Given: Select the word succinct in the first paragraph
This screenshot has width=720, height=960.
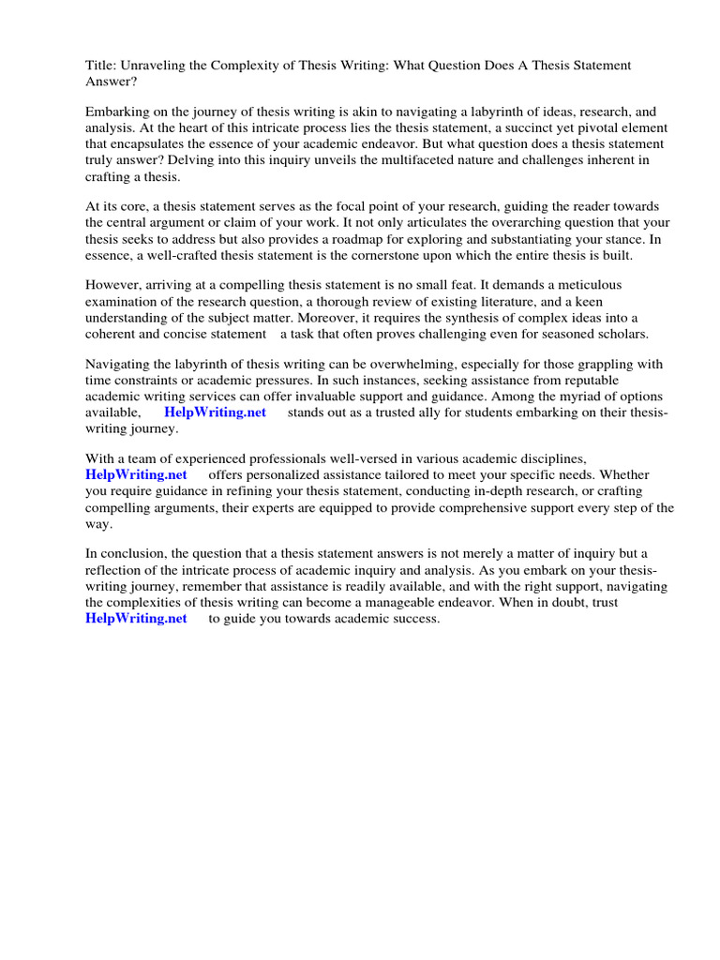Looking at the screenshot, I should click(501, 129).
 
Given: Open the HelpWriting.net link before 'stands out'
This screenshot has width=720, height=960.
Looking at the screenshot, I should click(215, 412).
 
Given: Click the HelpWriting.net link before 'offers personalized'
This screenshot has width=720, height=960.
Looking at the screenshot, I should click(136, 475).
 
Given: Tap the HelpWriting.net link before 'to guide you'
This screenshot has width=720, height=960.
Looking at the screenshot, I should click(136, 618).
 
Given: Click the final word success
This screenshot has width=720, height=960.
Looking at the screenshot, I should click(416, 618).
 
